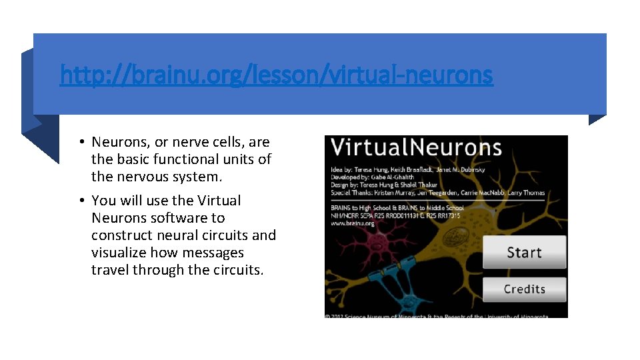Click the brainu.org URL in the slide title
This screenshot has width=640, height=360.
(276, 75)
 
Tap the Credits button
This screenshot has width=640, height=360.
(524, 289)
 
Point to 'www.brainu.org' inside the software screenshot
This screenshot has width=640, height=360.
(353, 223)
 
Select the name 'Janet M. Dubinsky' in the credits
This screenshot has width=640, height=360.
(461, 169)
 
